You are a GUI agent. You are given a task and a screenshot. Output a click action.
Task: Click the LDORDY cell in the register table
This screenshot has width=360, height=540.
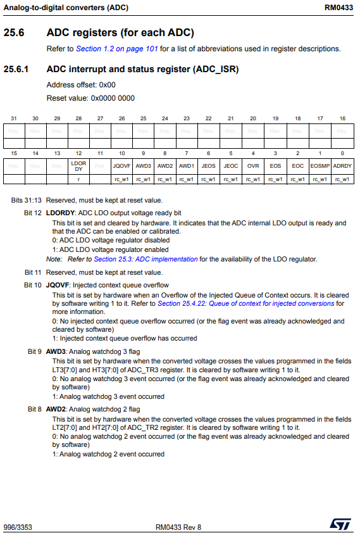[78, 166]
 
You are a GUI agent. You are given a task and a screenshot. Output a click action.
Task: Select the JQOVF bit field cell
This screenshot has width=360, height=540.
[121, 166]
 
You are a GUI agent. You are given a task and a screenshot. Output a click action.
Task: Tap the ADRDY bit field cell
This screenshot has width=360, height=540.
[342, 166]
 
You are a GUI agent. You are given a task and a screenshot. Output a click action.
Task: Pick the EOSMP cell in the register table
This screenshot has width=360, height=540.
[320, 166]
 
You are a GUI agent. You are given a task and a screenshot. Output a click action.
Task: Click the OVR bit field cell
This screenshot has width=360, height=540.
[253, 166]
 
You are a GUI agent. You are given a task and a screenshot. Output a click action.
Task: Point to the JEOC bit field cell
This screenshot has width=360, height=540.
[231, 166]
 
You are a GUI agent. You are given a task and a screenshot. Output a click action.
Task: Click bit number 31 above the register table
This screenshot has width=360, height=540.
[14, 118]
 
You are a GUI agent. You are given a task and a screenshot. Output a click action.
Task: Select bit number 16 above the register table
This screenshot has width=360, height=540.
[342, 118]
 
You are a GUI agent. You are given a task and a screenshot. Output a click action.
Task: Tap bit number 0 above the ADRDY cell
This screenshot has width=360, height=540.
[342, 154]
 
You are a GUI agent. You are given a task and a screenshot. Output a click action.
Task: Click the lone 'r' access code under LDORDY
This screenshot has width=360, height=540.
[78, 179]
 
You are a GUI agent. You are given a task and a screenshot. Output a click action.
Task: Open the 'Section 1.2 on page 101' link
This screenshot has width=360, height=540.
[116, 49]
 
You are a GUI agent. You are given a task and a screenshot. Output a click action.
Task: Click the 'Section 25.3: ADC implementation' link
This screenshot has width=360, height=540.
[146, 259]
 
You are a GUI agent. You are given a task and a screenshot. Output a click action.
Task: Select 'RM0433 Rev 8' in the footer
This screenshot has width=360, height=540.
[178, 527]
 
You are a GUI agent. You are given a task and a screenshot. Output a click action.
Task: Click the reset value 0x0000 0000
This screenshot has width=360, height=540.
[113, 98]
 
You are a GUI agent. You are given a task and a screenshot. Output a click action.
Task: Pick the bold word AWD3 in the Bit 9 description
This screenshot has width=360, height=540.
[56, 351]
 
